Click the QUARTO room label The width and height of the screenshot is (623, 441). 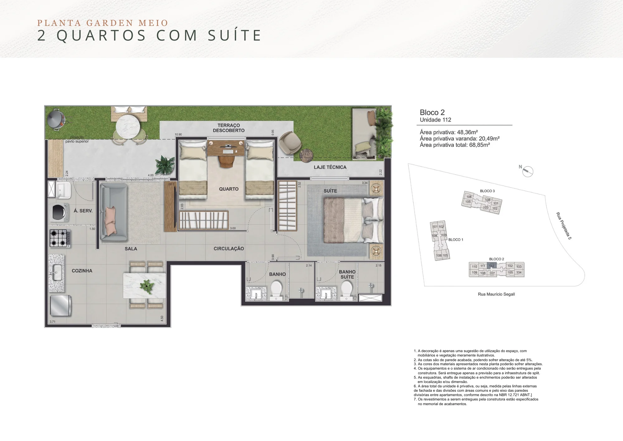(x=229, y=189)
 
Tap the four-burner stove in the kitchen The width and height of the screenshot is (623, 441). (x=60, y=238)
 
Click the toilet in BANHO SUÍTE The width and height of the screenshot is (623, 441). (x=346, y=289)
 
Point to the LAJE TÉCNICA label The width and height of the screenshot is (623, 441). (x=330, y=167)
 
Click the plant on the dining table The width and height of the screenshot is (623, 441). (x=146, y=286)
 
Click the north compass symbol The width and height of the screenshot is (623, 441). (x=527, y=171)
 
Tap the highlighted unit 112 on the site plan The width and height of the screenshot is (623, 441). (x=492, y=266)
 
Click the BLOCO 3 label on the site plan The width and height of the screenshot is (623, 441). (x=487, y=191)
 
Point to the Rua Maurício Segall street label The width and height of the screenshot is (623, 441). (x=496, y=294)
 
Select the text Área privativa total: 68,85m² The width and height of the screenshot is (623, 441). (x=455, y=145)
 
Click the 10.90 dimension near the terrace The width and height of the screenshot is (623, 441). (x=178, y=134)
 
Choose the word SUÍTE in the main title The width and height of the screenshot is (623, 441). (x=234, y=35)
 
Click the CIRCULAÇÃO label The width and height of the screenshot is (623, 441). (x=229, y=249)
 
